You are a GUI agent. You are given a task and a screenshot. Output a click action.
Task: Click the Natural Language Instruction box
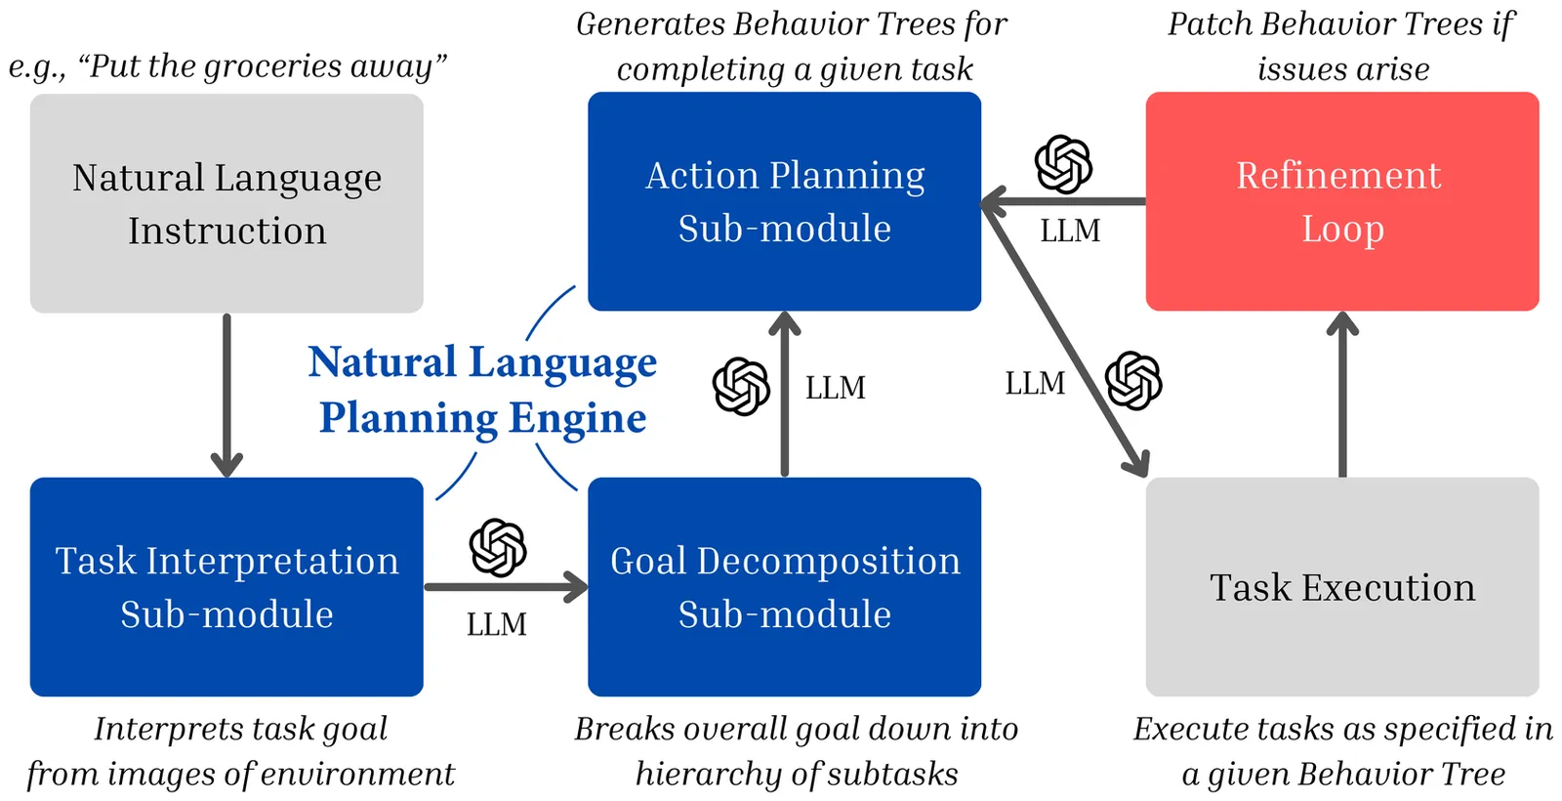point(226,203)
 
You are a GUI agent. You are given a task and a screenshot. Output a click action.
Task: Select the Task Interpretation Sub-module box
point(226,587)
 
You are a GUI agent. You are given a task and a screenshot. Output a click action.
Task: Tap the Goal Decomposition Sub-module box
point(784,587)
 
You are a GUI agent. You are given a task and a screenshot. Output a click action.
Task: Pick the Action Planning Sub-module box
point(784,201)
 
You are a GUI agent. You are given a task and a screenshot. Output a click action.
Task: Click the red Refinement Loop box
point(1342,201)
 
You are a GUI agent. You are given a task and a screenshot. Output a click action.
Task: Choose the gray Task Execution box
point(1342,587)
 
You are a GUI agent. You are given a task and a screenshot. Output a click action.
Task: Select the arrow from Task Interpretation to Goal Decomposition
point(506,587)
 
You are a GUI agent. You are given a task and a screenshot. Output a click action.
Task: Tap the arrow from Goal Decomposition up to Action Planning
point(785,395)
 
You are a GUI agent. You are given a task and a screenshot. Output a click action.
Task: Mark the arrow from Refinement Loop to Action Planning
point(1063,202)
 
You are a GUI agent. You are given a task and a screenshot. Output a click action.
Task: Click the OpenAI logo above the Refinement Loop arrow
point(1063,164)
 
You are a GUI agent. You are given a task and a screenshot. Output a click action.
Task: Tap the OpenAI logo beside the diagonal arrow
point(1133,381)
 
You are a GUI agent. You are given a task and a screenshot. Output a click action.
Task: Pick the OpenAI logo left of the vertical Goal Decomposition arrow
point(741,387)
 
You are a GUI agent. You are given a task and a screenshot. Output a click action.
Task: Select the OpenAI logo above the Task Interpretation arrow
point(498,547)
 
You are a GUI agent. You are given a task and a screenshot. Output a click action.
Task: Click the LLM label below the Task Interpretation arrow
point(496,624)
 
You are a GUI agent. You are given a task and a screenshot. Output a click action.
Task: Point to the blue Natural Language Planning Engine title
point(482,390)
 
